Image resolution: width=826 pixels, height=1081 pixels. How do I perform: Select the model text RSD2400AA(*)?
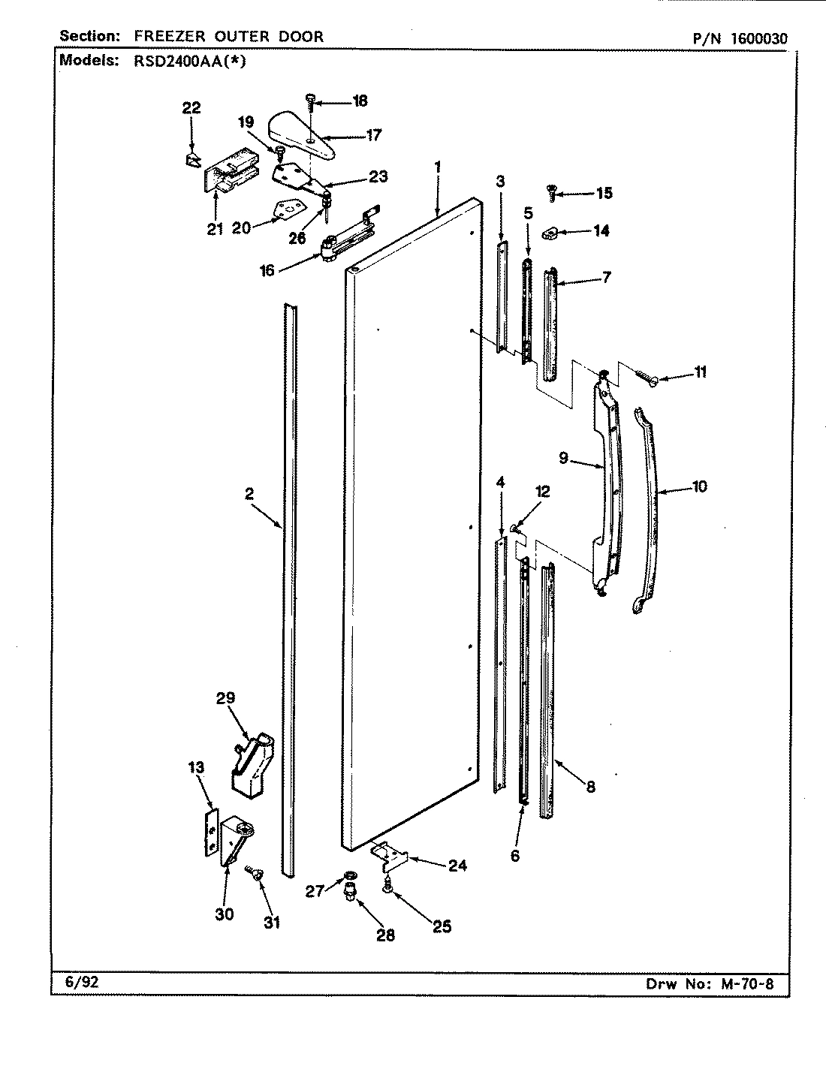coord(185,62)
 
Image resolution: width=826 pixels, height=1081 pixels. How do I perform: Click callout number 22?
coord(191,108)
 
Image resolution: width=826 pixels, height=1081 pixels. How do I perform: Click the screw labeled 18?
coord(311,99)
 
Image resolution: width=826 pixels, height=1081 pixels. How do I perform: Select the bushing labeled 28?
coord(350,895)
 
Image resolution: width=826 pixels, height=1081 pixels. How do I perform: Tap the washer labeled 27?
coord(350,875)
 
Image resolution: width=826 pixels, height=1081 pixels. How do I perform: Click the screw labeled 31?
coord(252,871)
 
